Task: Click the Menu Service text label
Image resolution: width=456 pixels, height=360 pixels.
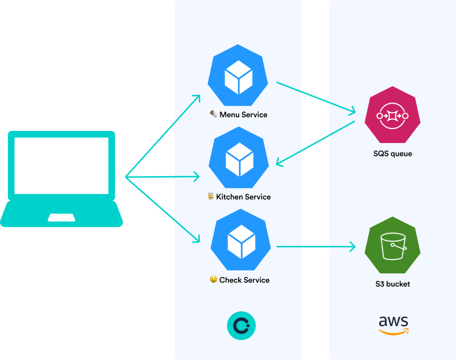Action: [243, 115]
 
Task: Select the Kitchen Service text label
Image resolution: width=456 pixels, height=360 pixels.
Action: [243, 197]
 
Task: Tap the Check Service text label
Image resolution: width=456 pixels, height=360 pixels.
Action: [244, 280]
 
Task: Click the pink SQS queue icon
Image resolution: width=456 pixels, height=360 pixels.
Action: [392, 115]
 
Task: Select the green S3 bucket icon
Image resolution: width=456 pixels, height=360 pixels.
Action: [392, 246]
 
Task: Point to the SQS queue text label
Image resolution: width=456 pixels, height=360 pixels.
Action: [392, 154]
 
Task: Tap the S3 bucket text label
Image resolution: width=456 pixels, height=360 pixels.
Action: [392, 284]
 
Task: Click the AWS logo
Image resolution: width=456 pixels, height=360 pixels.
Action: [393, 325]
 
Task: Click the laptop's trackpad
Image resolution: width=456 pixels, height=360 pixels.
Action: [61, 217]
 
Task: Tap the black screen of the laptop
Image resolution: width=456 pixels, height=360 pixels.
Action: [61, 165]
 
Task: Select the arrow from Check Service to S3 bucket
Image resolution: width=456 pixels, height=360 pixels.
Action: [316, 247]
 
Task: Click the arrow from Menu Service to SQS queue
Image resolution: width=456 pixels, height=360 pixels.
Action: [316, 97]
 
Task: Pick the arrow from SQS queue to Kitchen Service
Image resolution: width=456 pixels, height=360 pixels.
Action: [316, 143]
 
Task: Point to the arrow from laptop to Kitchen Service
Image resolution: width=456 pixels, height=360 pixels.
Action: [163, 177]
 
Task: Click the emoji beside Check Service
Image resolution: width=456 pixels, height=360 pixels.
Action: [213, 280]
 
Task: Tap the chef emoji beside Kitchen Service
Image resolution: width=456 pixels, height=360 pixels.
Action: [210, 197]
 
